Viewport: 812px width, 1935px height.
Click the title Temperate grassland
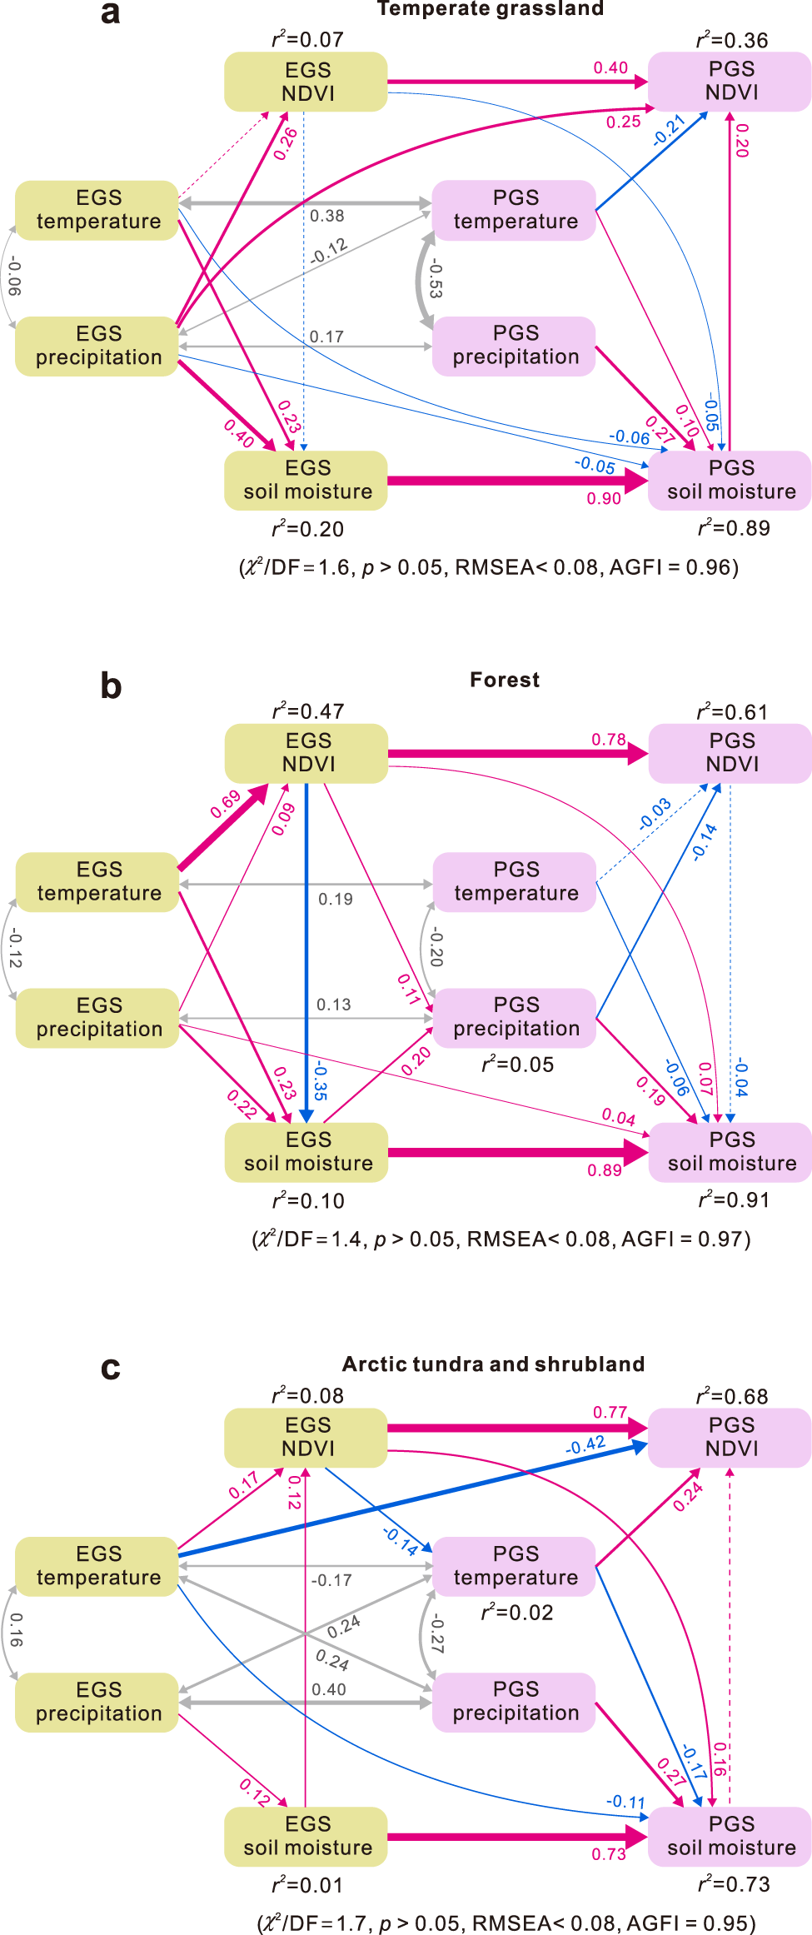pyautogui.click(x=490, y=9)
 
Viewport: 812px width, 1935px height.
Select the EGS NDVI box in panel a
pyautogui.click(x=306, y=82)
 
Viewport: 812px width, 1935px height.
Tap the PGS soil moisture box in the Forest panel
pyautogui.click(x=731, y=1152)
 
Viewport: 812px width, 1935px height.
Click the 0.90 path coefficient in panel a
pyautogui.click(x=604, y=499)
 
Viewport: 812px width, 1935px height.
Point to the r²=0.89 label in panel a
pyautogui.click(x=734, y=528)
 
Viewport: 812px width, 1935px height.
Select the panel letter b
pyautogui.click(x=111, y=686)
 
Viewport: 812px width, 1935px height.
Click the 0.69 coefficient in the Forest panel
pyautogui.click(x=225, y=804)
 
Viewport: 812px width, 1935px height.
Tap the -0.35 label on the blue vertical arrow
pyautogui.click(x=320, y=1080)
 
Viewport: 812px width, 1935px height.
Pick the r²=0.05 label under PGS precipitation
pyautogui.click(x=517, y=1065)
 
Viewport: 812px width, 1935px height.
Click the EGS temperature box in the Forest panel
pyautogui.click(x=98, y=881)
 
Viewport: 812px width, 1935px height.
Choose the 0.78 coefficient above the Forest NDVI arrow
pyautogui.click(x=609, y=740)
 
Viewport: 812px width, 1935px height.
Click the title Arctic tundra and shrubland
pyautogui.click(x=493, y=1364)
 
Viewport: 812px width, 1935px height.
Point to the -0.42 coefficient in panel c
pyautogui.click(x=585, y=1445)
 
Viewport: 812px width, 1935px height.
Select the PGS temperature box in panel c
pyautogui.click(x=515, y=1565)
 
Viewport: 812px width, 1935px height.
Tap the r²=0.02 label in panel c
pyautogui.click(x=517, y=1613)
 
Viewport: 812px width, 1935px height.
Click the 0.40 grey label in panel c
pyautogui.click(x=329, y=1689)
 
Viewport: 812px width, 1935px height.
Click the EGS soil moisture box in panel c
pyautogui.click(x=306, y=1836)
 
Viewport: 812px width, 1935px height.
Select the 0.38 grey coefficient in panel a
pyautogui.click(x=326, y=216)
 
